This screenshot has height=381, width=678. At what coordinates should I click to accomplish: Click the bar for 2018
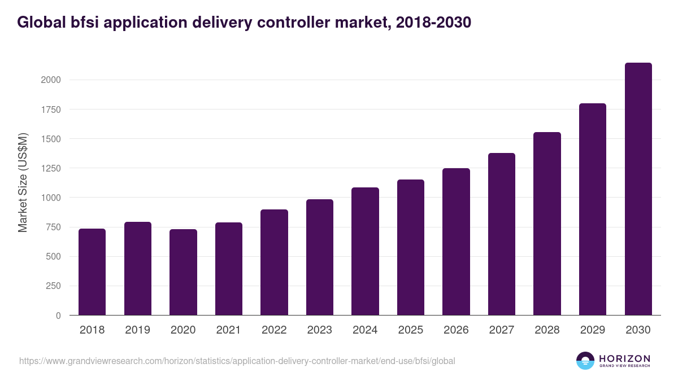[x=92, y=271]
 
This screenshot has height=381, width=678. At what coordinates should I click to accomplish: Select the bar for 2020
[x=183, y=272]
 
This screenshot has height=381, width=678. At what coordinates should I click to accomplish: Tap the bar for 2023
[x=320, y=257]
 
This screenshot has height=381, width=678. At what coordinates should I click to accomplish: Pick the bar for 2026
[x=456, y=242]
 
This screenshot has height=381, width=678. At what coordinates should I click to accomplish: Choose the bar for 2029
[x=593, y=209]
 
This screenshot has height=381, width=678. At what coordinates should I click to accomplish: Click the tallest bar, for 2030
[x=638, y=189]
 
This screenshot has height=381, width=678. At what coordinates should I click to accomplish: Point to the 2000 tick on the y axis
[x=51, y=80]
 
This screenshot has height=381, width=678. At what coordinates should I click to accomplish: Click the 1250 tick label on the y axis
[x=51, y=168]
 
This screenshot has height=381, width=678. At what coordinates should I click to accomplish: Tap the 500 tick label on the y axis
[x=54, y=257]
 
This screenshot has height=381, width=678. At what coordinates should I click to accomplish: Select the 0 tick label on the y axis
[x=58, y=316]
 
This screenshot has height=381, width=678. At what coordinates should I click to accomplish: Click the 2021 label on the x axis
[x=228, y=330]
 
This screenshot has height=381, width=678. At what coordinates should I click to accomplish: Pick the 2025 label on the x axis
[x=410, y=330]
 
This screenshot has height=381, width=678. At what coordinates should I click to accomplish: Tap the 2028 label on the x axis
[x=547, y=330]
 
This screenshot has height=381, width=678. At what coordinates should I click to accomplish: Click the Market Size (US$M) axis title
[x=23, y=183]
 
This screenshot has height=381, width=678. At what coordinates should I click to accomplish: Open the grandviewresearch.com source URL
[x=237, y=361]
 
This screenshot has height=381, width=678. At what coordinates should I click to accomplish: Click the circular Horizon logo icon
[x=585, y=361]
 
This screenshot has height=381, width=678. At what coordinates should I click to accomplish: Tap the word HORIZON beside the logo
[x=624, y=358]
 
